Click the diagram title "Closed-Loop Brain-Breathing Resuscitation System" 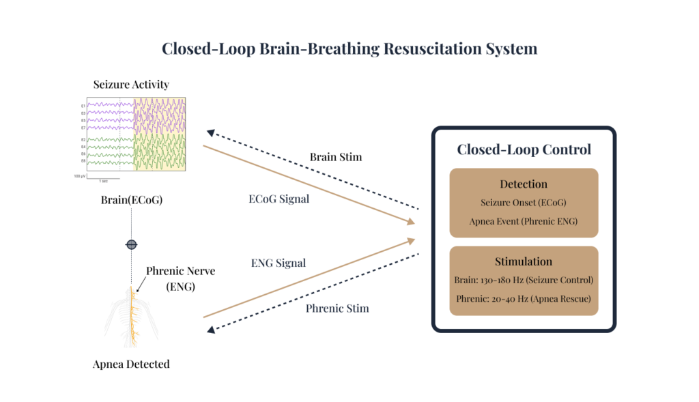[x=349, y=49]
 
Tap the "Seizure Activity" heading [x=131, y=85]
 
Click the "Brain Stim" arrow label [x=336, y=157]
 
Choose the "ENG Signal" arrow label [x=279, y=262]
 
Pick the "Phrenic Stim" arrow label [x=337, y=308]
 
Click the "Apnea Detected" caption [x=131, y=364]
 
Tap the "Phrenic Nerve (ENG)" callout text [x=180, y=278]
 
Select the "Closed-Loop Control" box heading [x=524, y=149]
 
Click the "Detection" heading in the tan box [x=524, y=184]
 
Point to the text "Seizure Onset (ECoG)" [x=524, y=203]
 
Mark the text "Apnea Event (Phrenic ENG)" [x=524, y=222]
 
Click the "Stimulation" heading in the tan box [x=524, y=261]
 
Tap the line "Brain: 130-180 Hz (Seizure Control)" [x=524, y=281]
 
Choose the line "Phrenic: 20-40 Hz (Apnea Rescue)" [x=524, y=299]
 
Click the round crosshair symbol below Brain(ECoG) [x=131, y=244]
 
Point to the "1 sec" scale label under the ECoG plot [x=104, y=182]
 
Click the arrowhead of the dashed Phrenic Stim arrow [x=211, y=330]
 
